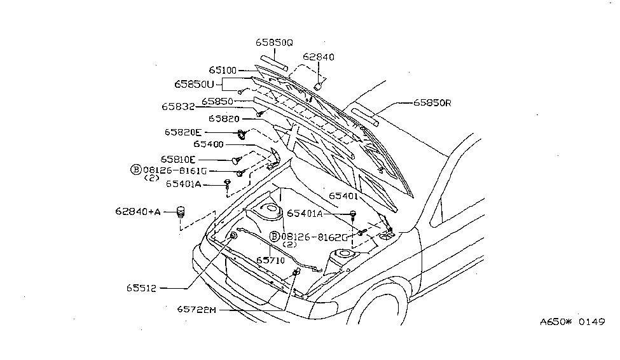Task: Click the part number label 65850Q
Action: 274,42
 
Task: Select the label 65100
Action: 223,70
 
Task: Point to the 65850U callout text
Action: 198,84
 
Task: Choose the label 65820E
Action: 184,132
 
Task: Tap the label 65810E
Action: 178,158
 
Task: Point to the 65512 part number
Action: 141,288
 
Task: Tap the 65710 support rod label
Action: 272,260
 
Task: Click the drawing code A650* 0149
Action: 571,322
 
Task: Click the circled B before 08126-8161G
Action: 135,170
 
